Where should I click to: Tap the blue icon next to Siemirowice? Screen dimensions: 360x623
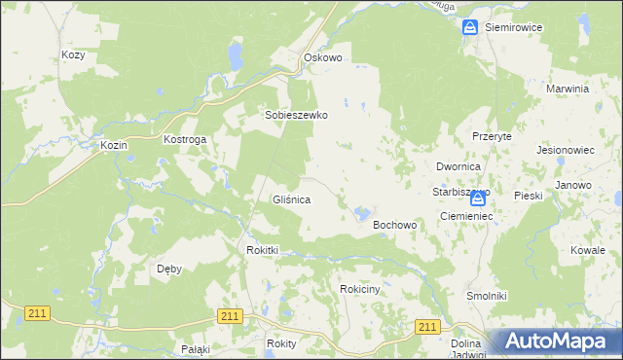[x=470, y=28]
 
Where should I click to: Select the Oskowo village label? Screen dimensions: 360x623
[x=323, y=57]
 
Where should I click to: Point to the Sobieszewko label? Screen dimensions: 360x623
[x=297, y=115]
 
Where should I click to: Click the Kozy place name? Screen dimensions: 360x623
[x=73, y=55]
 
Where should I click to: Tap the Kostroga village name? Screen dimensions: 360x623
[x=185, y=140]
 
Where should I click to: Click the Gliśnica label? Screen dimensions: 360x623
[x=291, y=199]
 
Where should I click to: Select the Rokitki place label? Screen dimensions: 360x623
[x=262, y=250]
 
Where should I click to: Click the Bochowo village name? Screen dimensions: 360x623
[x=395, y=225]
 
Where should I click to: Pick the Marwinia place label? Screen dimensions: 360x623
[x=568, y=89]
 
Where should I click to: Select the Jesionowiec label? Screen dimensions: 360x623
[x=566, y=152]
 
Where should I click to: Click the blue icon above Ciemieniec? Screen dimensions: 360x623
[x=477, y=198]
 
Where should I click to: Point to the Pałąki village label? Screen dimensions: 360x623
[x=196, y=348]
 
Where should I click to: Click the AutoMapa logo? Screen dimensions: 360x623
[x=557, y=342]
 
